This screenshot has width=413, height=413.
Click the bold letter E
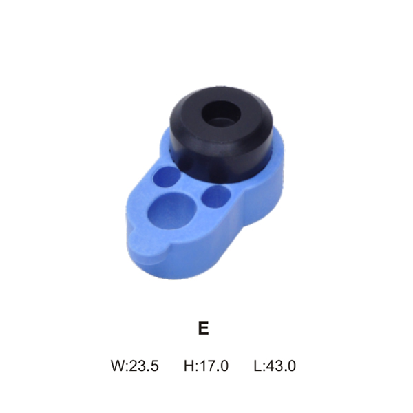click(x=203, y=328)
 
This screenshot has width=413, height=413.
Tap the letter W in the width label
click(x=118, y=366)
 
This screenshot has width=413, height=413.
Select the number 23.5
click(x=145, y=366)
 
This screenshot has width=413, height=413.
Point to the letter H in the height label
click(x=189, y=366)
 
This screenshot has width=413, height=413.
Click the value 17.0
click(x=213, y=366)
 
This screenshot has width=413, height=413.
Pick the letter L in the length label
click(x=257, y=366)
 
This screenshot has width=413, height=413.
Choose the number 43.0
click(x=281, y=366)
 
